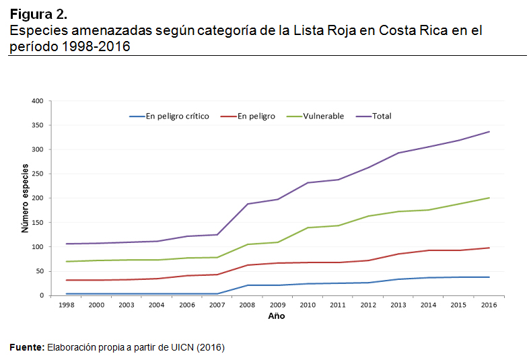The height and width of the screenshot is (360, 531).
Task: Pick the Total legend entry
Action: [x=382, y=116]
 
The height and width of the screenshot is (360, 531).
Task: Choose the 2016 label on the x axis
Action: [x=489, y=305]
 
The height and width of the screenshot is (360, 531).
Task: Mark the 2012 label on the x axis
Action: [x=368, y=305]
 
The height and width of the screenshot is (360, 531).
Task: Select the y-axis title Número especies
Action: [x=25, y=199]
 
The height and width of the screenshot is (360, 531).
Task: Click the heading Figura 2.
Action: [x=38, y=14]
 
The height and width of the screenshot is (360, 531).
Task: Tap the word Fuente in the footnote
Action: [x=26, y=347]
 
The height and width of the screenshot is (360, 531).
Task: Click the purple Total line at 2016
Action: [x=489, y=132]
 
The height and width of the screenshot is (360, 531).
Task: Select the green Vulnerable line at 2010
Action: [x=308, y=227]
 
